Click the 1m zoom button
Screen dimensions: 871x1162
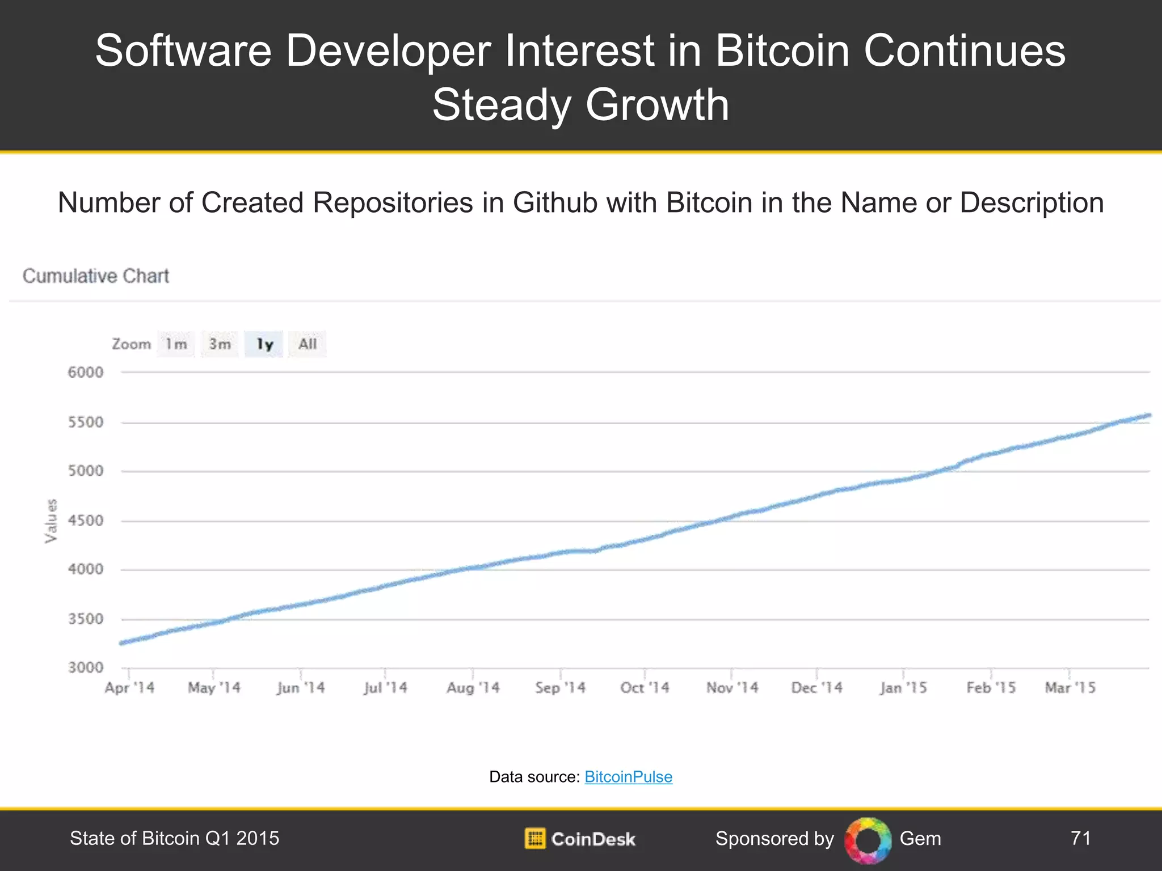point(176,344)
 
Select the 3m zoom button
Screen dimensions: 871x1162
point(220,344)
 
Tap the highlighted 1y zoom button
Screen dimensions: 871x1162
point(264,344)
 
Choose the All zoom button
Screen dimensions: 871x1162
point(308,344)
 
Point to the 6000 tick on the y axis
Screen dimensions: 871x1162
point(86,373)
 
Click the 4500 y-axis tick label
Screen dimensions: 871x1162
point(86,521)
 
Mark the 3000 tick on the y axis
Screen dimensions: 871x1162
point(86,667)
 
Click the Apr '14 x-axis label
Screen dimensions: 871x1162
point(129,688)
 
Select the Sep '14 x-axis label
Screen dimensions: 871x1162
point(560,688)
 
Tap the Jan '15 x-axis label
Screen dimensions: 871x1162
point(903,688)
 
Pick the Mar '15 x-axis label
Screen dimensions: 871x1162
point(1070,688)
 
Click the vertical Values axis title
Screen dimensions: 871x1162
point(51,521)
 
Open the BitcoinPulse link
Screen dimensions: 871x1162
point(628,777)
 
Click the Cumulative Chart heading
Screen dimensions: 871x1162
point(96,276)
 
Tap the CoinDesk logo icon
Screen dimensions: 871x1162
point(534,838)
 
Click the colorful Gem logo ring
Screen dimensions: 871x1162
point(868,840)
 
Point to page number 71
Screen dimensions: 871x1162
point(1080,838)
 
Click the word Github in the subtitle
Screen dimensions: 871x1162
point(555,203)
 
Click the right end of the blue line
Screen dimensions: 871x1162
point(1148,416)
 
